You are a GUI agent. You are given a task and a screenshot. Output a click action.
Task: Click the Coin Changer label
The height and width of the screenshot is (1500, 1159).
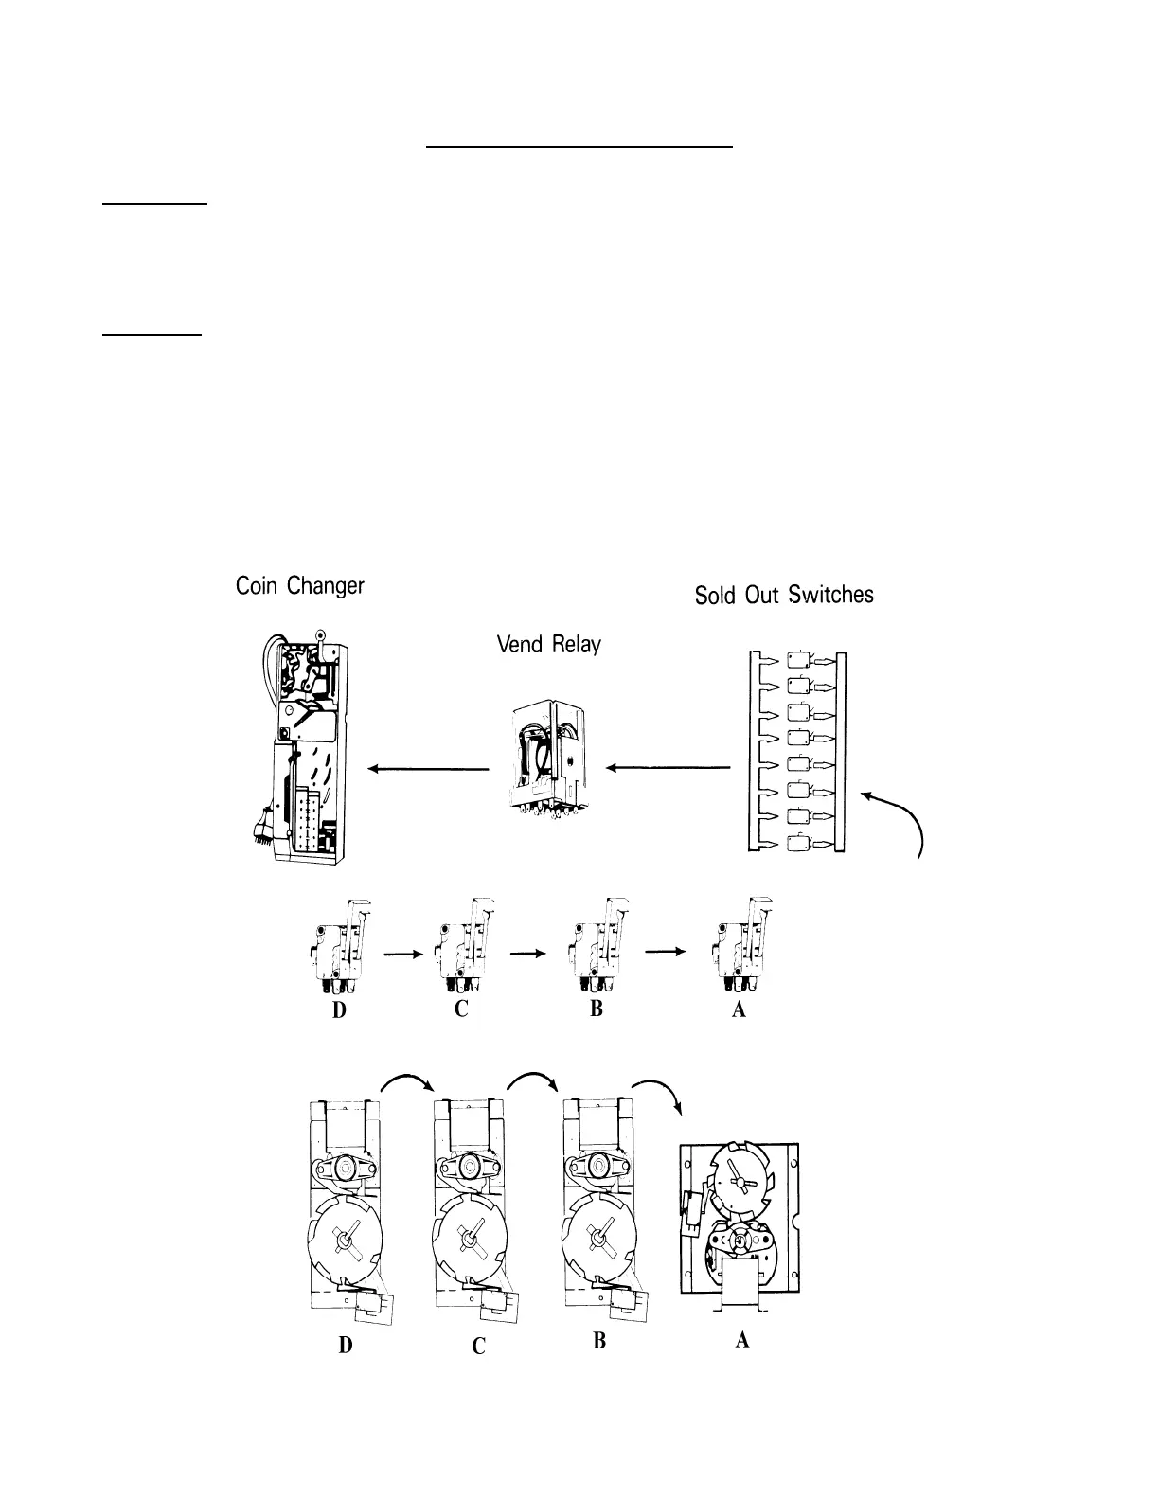coord(299,586)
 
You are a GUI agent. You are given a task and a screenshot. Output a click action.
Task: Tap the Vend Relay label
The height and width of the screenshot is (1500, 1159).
coord(548,645)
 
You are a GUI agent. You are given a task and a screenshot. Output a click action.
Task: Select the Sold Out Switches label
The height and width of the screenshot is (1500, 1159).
coord(784,595)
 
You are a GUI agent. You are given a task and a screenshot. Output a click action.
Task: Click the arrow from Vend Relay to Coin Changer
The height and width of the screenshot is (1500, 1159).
coord(428,769)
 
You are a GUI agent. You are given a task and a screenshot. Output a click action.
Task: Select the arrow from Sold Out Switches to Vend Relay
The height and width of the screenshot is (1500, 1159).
coord(669,769)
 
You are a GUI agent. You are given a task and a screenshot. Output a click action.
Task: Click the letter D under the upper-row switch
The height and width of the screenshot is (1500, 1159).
coord(338,1010)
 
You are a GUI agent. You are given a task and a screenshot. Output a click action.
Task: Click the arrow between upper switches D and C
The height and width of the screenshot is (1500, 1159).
coord(402,955)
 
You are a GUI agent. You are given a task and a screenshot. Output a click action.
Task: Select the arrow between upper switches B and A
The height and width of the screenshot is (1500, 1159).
coord(665,954)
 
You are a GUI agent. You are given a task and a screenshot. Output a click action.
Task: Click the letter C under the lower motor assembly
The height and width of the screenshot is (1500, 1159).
coord(479,1345)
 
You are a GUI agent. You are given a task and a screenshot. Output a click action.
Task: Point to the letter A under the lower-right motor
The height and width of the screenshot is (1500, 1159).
coord(741,1339)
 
